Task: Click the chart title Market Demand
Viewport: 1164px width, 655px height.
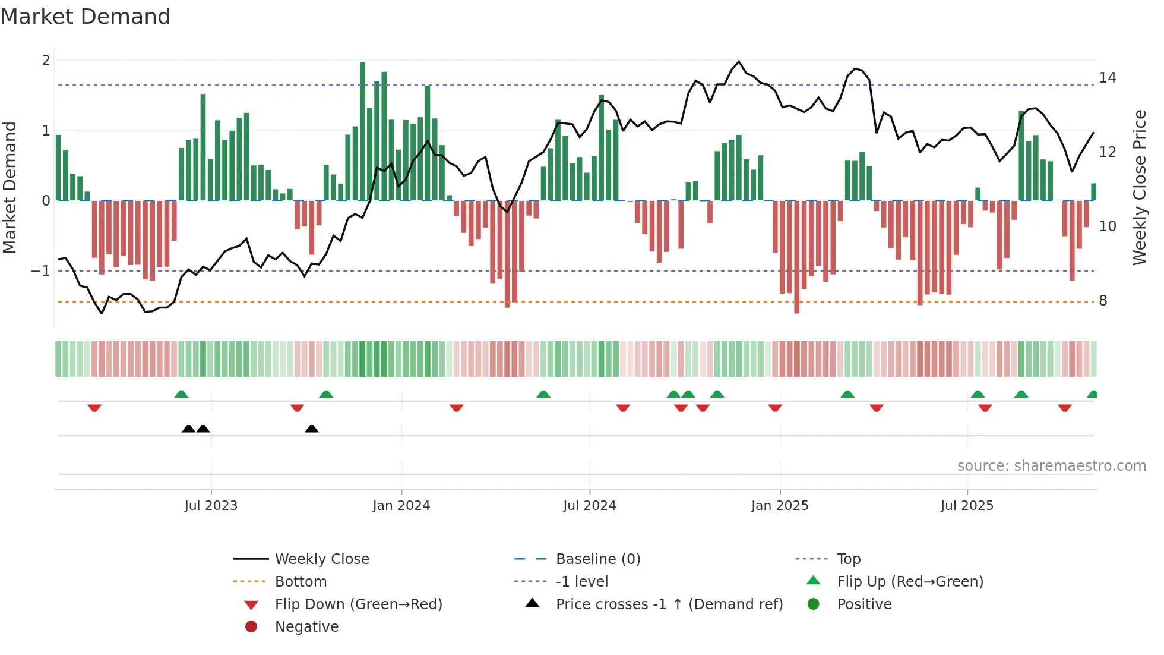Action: pyautogui.click(x=86, y=17)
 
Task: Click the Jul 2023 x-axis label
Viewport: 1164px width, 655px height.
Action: pyautogui.click(x=211, y=506)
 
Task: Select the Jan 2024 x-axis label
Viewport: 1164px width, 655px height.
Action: pyautogui.click(x=401, y=506)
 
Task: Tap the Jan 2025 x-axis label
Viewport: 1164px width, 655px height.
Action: pyautogui.click(x=779, y=506)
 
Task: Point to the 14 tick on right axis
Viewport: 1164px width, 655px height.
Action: pyautogui.click(x=1107, y=78)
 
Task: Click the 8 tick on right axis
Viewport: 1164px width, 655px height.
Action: pyautogui.click(x=1103, y=301)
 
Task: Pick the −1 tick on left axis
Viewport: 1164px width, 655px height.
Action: pyautogui.click(x=40, y=271)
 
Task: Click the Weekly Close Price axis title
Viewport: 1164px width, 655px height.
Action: pyautogui.click(x=1139, y=187)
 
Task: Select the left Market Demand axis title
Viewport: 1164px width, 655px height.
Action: pyautogui.click(x=10, y=187)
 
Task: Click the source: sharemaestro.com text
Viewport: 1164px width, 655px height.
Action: pyautogui.click(x=1051, y=466)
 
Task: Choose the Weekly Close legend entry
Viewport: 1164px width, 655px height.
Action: pyautogui.click(x=321, y=559)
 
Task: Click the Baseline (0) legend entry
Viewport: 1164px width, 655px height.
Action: pyautogui.click(x=597, y=559)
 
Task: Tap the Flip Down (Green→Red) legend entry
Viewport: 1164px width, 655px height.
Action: pyautogui.click(x=358, y=604)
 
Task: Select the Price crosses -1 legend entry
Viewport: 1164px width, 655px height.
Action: pyautogui.click(x=669, y=604)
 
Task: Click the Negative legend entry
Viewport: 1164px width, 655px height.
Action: pyautogui.click(x=306, y=627)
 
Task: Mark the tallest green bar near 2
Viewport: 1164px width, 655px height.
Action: pyautogui.click(x=362, y=131)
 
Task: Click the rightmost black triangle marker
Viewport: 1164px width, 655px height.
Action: pyautogui.click(x=311, y=429)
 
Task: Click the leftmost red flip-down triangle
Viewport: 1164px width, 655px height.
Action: pyautogui.click(x=94, y=408)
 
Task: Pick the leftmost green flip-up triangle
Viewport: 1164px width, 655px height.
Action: pyautogui.click(x=181, y=394)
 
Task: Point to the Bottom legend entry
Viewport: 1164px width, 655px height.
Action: pyautogui.click(x=301, y=582)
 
